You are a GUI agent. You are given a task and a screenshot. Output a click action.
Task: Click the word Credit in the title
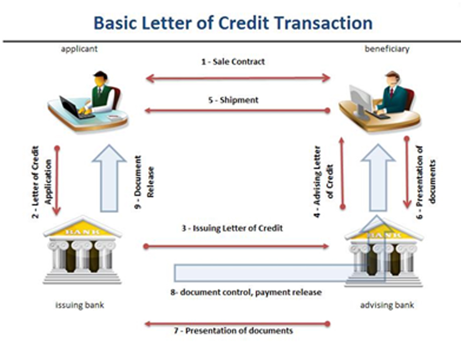(244, 23)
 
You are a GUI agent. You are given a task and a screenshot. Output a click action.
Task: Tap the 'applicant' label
(79, 49)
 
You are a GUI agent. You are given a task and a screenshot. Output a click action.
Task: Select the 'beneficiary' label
(387, 49)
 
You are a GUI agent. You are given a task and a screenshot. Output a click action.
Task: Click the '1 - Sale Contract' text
(233, 62)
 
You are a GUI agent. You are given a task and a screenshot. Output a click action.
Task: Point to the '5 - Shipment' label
(233, 100)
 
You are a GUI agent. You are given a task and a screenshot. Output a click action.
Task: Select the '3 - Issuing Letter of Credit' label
(232, 228)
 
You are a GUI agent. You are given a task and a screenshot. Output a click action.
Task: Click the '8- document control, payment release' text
(246, 292)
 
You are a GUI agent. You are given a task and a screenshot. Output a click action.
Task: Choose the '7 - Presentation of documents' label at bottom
(233, 330)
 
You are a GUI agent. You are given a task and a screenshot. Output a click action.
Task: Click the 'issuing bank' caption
(80, 305)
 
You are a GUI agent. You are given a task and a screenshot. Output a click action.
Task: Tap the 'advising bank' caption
(387, 305)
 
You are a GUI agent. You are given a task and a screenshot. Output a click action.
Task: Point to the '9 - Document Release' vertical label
(144, 182)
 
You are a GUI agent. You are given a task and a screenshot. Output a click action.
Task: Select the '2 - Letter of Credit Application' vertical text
(42, 182)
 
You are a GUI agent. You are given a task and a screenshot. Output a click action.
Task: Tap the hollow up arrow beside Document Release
(109, 178)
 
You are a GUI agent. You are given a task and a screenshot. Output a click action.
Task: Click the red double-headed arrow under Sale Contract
(238, 78)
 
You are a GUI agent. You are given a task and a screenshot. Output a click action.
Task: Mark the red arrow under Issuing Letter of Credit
(236, 246)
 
